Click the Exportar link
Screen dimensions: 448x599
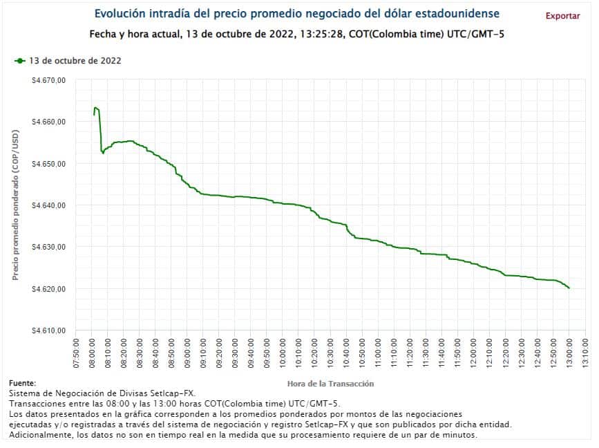point(562,16)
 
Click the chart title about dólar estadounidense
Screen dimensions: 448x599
point(296,14)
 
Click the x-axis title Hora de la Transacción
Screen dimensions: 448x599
point(330,383)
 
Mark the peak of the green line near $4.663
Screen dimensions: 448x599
point(95,107)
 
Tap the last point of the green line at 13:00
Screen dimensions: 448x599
point(569,288)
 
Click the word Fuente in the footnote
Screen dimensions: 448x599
point(22,383)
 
